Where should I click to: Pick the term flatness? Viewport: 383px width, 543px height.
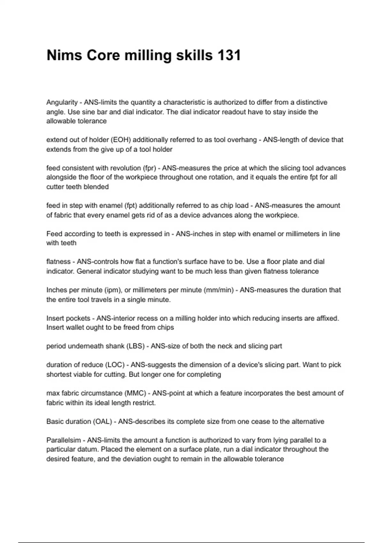point(58,262)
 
